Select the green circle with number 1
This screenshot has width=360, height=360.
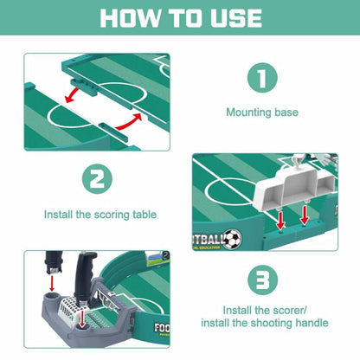point(264,77)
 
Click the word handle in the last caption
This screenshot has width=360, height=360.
point(309,323)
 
